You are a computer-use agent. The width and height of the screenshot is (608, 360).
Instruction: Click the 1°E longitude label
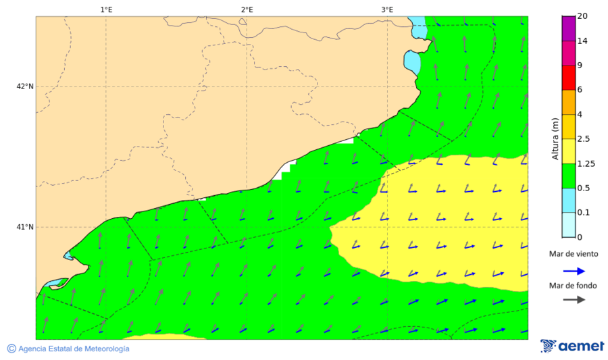click(x=106, y=9)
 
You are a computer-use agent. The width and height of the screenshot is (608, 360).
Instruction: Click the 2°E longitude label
click(x=247, y=9)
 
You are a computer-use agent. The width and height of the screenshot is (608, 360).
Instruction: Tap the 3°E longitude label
click(x=387, y=9)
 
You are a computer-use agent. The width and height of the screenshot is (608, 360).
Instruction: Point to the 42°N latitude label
click(x=25, y=86)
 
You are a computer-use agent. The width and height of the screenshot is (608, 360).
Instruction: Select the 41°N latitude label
click(x=25, y=227)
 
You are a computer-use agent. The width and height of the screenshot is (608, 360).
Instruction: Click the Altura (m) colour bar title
click(x=555, y=138)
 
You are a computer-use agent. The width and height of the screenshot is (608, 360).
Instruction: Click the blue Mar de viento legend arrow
click(x=574, y=273)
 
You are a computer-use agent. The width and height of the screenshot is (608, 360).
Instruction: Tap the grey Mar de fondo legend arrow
click(x=574, y=299)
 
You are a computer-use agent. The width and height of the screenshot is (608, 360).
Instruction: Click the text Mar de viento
click(x=573, y=254)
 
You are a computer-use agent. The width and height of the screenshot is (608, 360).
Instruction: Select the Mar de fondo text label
click(x=573, y=286)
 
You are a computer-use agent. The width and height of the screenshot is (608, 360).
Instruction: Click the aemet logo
click(x=572, y=346)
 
